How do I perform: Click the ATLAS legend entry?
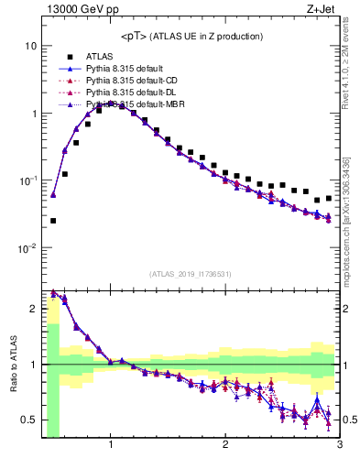point(99,57)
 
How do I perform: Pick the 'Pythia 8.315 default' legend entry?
point(124,69)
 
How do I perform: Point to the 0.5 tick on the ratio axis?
point(30,420)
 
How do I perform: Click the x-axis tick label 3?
point(339,446)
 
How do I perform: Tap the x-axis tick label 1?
point(111,446)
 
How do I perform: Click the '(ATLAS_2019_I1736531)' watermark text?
point(191,274)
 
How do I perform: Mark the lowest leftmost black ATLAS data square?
point(53,221)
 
